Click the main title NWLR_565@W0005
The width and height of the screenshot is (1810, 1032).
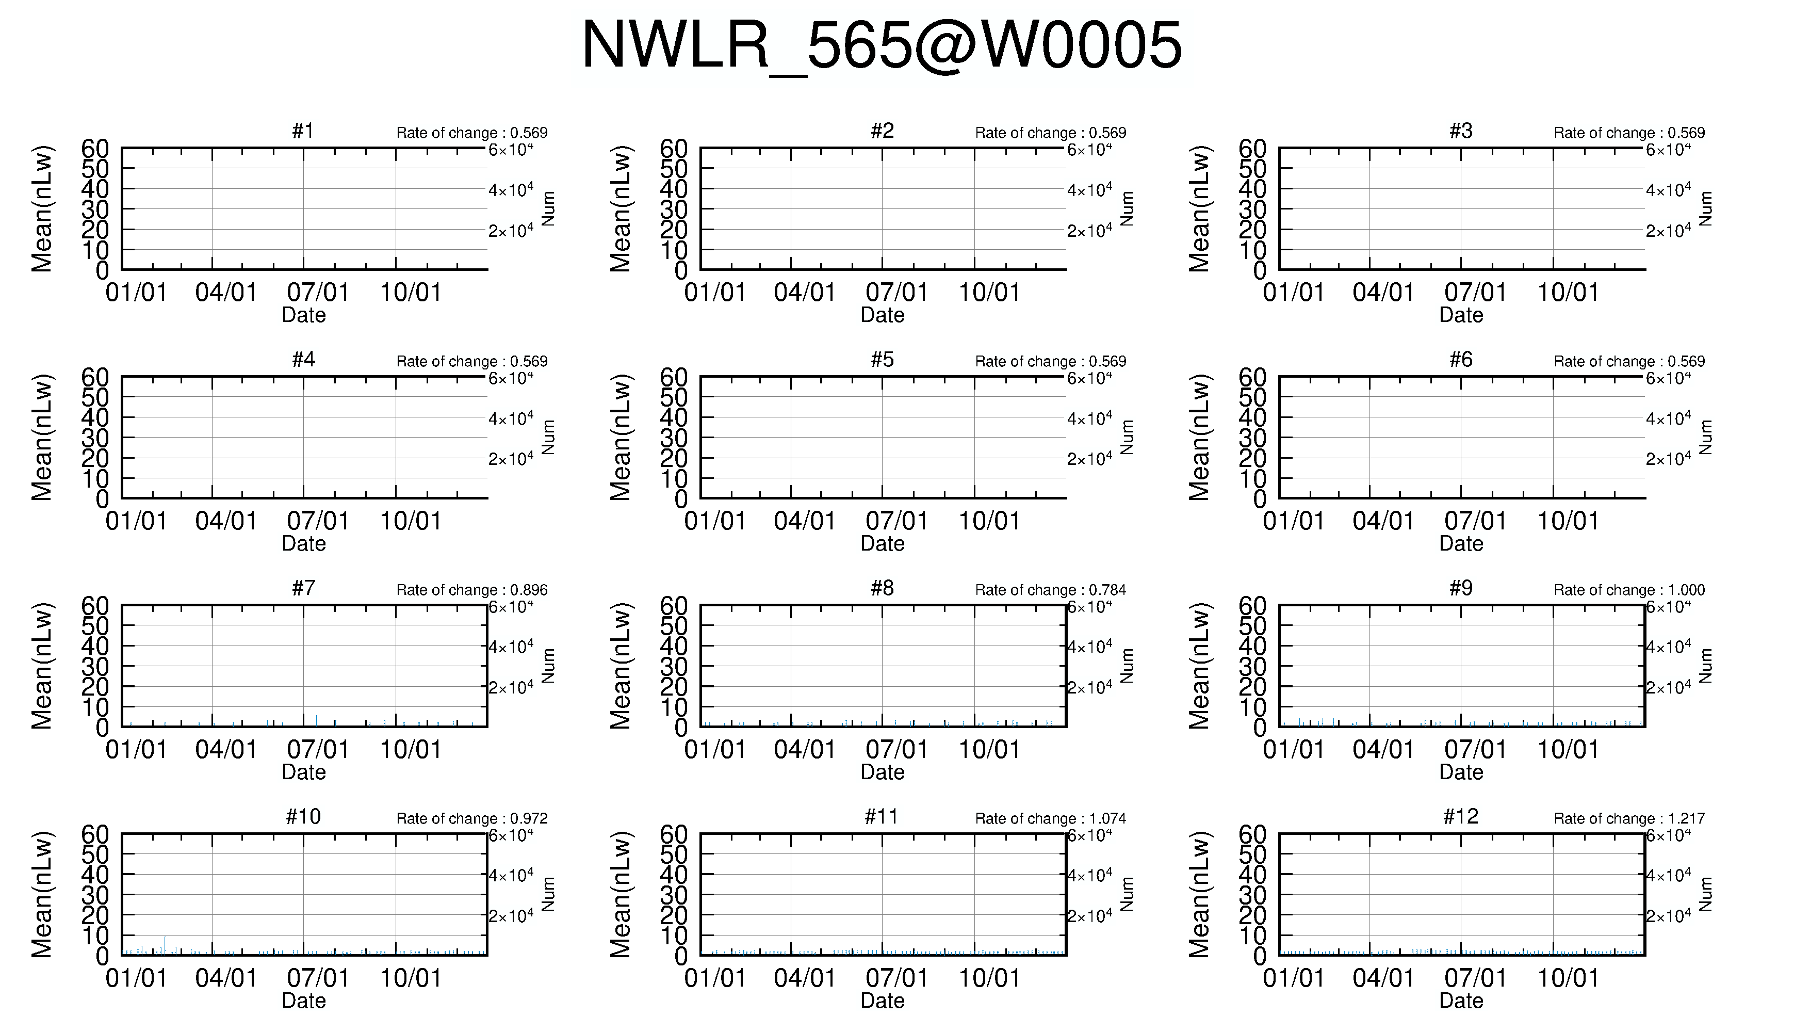[882, 45]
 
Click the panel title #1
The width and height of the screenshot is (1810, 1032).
[303, 131]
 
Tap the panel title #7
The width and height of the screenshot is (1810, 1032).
[303, 588]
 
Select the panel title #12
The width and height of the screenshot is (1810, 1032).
[1461, 816]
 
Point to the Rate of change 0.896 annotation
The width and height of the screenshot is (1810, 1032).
[472, 590]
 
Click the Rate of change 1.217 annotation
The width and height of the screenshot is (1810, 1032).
[1629, 819]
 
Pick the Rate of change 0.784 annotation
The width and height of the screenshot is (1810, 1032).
[1051, 590]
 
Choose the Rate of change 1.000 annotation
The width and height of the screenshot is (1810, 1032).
[1629, 590]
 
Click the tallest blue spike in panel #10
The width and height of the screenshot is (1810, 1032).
[165, 945]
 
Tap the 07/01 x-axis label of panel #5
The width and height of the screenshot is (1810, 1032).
[896, 521]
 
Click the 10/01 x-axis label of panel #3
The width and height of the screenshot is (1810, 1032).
[1568, 292]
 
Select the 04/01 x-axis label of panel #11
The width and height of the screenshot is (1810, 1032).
[805, 978]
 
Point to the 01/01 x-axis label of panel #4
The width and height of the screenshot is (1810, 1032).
[136, 521]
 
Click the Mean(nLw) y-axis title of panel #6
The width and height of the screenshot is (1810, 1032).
[1199, 438]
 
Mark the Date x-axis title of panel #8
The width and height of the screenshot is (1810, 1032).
[883, 772]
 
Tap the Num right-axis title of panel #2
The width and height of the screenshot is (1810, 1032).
[1127, 208]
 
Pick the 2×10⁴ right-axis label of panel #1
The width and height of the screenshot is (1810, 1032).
[511, 230]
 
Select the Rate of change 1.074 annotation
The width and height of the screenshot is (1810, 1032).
[1051, 819]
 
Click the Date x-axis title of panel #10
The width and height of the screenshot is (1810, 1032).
[304, 1001]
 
